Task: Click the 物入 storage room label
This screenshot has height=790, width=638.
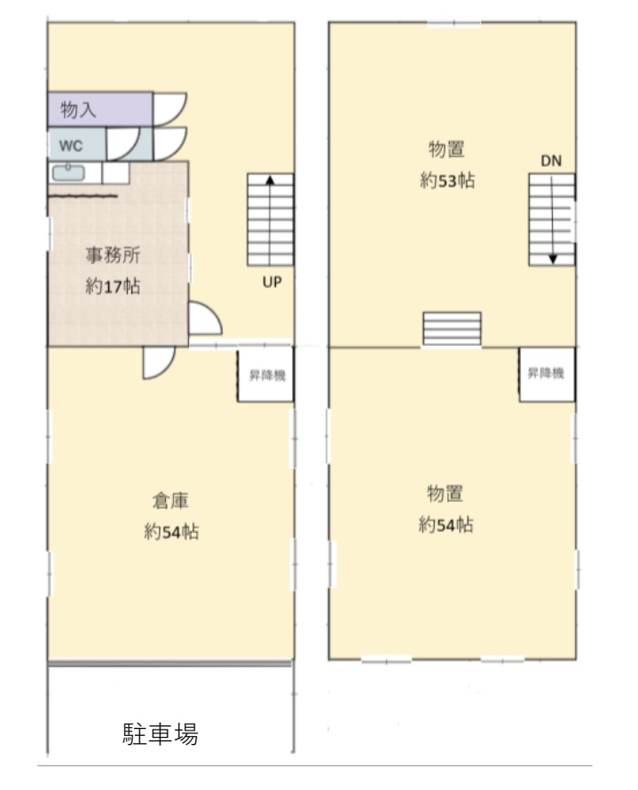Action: click(78, 109)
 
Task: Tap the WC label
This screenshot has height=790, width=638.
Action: click(71, 146)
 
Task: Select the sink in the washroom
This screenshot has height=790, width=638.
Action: click(68, 173)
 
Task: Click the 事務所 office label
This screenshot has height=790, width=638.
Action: click(113, 255)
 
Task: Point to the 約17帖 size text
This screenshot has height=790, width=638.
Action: click(113, 286)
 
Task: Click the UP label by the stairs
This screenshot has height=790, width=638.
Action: click(272, 282)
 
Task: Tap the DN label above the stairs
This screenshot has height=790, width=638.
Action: click(551, 160)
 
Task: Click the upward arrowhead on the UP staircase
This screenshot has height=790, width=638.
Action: click(271, 180)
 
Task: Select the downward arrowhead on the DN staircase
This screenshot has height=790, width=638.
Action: click(553, 260)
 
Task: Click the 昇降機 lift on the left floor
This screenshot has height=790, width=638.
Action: click(266, 374)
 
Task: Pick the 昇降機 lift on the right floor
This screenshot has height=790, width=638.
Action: click(547, 374)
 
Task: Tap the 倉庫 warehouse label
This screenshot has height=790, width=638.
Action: click(170, 501)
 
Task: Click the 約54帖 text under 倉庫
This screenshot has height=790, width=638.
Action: click(171, 531)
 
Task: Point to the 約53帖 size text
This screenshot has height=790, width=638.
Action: click(447, 180)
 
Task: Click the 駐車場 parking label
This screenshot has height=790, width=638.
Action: click(161, 733)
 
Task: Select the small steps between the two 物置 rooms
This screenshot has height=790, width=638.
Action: click(452, 329)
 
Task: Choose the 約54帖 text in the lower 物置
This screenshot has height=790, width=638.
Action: click(445, 525)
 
